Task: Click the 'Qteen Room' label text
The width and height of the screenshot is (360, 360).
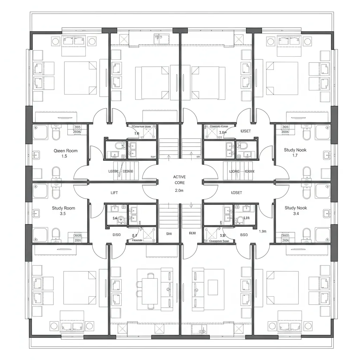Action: tap(65, 151)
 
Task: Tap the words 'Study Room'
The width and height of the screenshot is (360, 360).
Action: tap(63, 208)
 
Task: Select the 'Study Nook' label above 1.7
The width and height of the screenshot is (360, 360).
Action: tap(295, 150)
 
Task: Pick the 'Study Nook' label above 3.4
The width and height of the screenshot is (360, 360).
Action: tap(296, 208)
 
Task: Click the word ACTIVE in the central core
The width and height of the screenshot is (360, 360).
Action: tap(179, 177)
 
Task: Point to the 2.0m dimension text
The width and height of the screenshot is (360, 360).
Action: tap(179, 190)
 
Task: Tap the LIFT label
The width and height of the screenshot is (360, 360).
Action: tap(115, 193)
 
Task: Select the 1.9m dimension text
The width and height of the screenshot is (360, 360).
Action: tap(263, 231)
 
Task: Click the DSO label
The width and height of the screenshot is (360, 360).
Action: tap(116, 234)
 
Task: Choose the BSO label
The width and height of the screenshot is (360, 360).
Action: tap(244, 234)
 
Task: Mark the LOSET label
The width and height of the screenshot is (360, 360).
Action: tap(236, 193)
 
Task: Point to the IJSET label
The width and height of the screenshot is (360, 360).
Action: tap(246, 131)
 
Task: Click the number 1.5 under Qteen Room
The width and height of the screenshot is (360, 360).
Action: tap(64, 156)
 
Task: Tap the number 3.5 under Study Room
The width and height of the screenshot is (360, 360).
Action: tap(63, 213)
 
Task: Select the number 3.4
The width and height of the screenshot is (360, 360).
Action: tap(295, 213)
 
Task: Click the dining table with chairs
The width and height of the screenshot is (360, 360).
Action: tap(150, 291)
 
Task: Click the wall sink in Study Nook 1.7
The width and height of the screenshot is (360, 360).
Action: tap(327, 154)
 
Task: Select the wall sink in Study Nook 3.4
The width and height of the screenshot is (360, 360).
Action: tap(327, 212)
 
